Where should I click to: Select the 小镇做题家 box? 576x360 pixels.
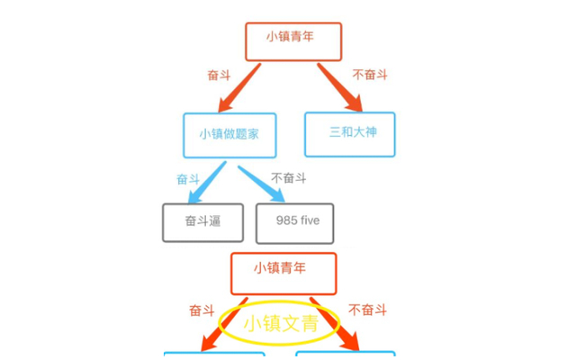coord(229,135)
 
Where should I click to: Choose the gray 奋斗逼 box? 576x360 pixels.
coord(202,222)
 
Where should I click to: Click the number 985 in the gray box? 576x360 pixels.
coord(287,220)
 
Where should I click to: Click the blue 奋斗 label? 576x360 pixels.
coord(188,179)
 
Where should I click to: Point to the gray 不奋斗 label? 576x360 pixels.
coord(288,178)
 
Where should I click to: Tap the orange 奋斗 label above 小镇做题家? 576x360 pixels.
coord(219,76)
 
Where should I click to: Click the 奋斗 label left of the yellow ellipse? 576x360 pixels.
coord(202,310)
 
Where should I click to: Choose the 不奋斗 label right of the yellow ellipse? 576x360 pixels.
coord(367,310)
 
